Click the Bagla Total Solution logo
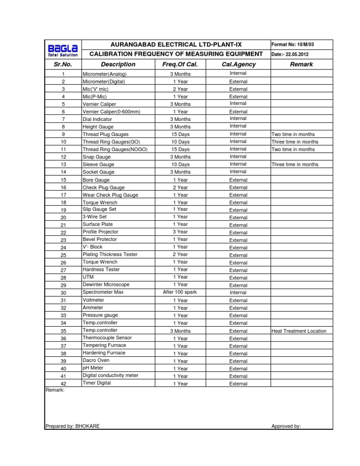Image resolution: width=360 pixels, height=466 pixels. tap(62, 50)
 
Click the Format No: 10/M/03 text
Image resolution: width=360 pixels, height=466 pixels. tap(292, 44)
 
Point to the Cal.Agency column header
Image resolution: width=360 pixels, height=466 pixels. tap(238, 64)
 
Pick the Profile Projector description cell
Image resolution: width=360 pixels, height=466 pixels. tap(100, 232)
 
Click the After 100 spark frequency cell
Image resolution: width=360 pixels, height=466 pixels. tap(180, 293)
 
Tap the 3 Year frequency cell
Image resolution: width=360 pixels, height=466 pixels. tap(180, 232)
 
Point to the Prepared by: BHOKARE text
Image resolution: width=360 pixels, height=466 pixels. tap(72, 426)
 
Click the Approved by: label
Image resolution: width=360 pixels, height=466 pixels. tap(286, 426)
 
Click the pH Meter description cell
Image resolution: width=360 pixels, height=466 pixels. tap(93, 368)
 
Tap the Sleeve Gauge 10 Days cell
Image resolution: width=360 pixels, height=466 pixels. tap(180, 165)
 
